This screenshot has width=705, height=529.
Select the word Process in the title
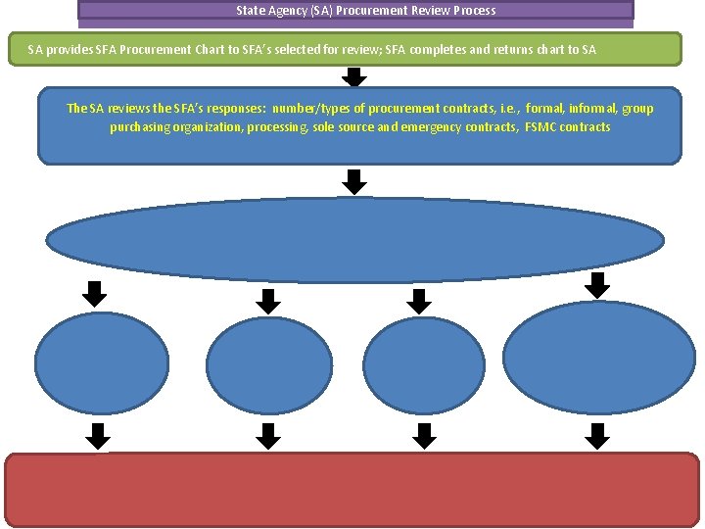(x=473, y=11)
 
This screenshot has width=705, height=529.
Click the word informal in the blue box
(x=593, y=109)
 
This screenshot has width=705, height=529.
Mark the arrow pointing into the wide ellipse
(x=355, y=180)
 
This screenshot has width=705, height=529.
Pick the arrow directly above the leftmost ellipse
(x=95, y=293)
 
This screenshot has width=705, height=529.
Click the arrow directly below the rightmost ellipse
(x=598, y=435)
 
